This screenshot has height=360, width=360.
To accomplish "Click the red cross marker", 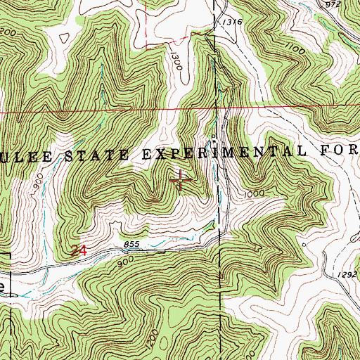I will click(181, 180).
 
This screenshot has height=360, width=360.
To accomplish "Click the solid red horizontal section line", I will click(105, 111).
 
